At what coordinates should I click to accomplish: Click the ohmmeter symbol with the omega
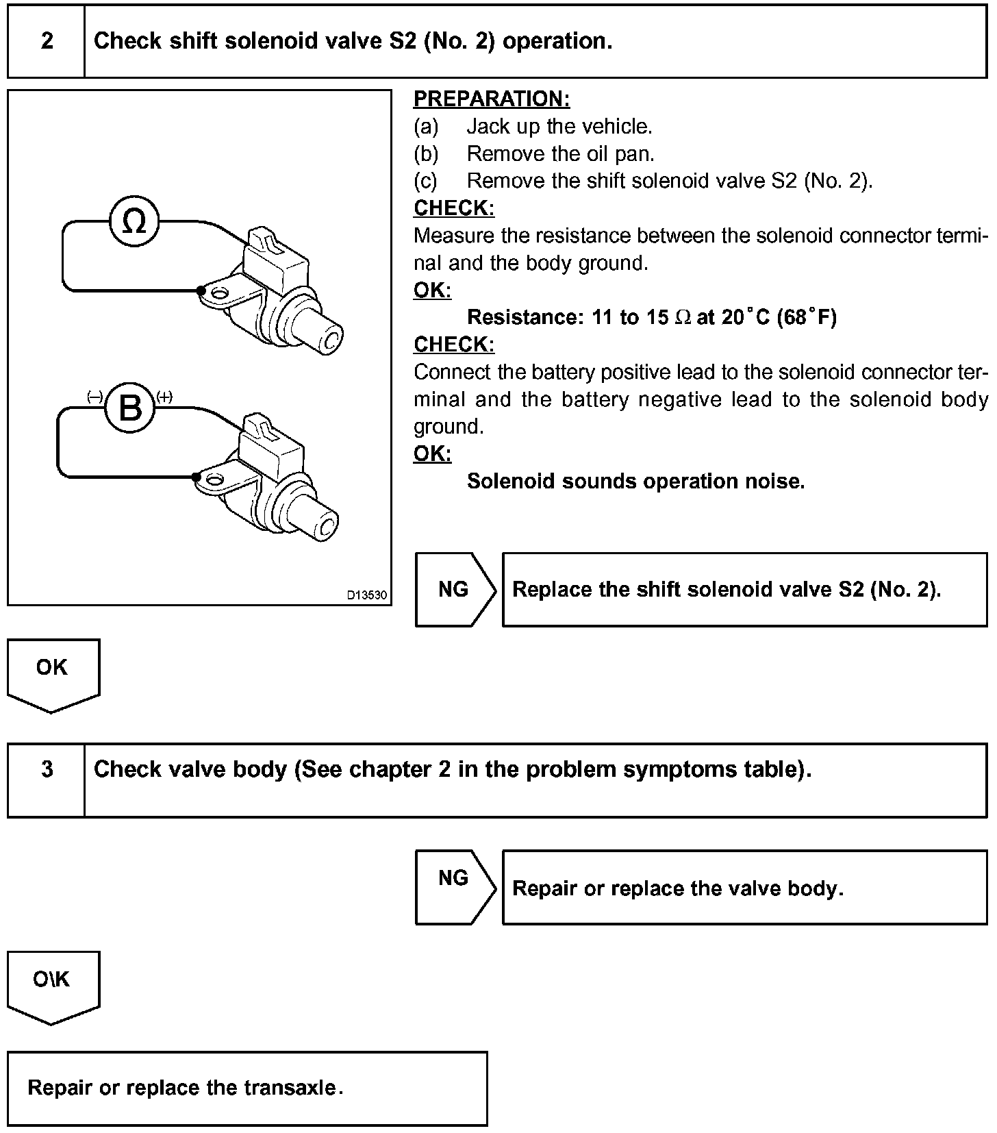pos(134,221)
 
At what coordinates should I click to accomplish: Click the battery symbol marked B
pos(130,408)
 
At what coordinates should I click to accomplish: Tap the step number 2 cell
pos(47,41)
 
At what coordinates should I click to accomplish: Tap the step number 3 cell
pos(47,769)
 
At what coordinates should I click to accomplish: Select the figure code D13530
pos(366,595)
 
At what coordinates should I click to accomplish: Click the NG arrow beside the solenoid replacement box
pos(454,590)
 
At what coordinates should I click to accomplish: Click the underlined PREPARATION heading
pos(492,99)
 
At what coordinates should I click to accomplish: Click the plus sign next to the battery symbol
pos(164,397)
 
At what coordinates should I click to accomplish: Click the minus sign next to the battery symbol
pos(95,397)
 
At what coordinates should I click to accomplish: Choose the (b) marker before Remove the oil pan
pos(426,154)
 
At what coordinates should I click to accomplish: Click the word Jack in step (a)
pos(488,127)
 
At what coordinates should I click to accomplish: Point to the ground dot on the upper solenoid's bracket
pos(201,290)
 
